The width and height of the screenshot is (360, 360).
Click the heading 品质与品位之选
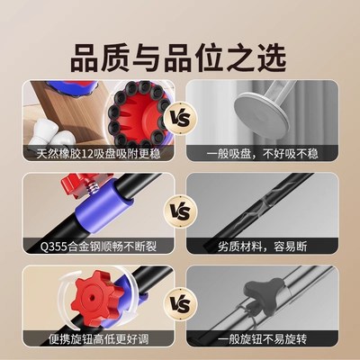pos(180,51)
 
